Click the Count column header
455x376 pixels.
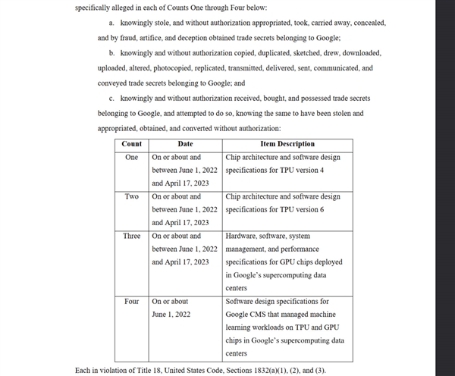131,143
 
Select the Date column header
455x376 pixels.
185,143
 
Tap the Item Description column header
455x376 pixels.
287,143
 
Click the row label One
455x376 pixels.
131,157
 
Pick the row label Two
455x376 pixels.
131,196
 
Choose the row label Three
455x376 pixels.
131,236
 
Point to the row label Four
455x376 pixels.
131,301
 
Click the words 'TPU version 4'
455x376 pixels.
301,170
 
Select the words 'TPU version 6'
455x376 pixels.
301,209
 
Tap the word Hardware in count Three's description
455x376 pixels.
242,236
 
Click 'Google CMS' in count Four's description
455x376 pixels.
246,314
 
